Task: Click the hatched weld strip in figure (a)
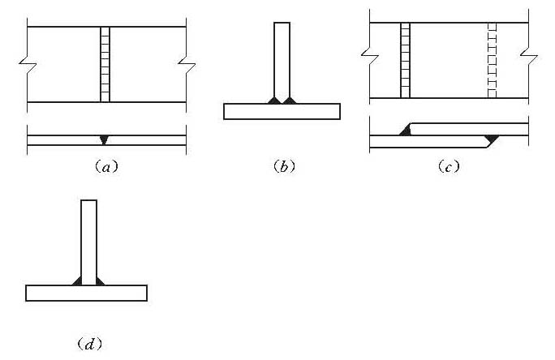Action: coord(104,64)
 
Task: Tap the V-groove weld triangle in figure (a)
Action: coord(103,139)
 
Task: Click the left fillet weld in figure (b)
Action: coord(274,100)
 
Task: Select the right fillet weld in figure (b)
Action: coord(290,100)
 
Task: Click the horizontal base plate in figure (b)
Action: coord(282,111)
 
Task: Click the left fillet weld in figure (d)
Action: coord(77,281)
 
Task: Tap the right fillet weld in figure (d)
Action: coord(101,281)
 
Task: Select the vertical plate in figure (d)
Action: coord(89,240)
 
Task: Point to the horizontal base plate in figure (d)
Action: coord(86,293)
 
